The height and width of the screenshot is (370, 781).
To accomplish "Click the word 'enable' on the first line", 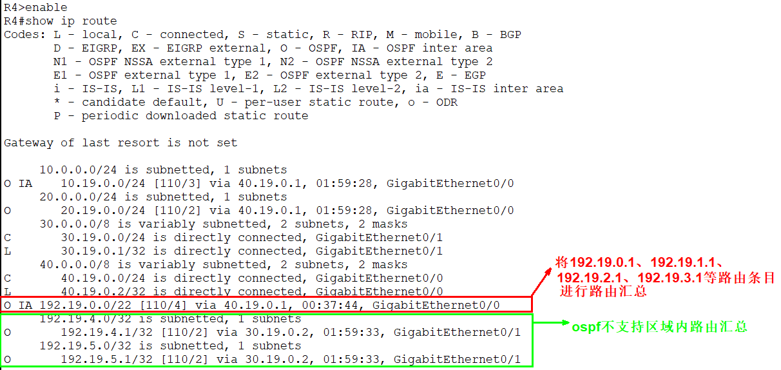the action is (x=46, y=7).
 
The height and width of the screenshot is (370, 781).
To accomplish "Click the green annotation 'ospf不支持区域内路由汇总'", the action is (x=659, y=327).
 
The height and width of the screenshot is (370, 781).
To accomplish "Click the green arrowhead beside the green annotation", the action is (x=566, y=322).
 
